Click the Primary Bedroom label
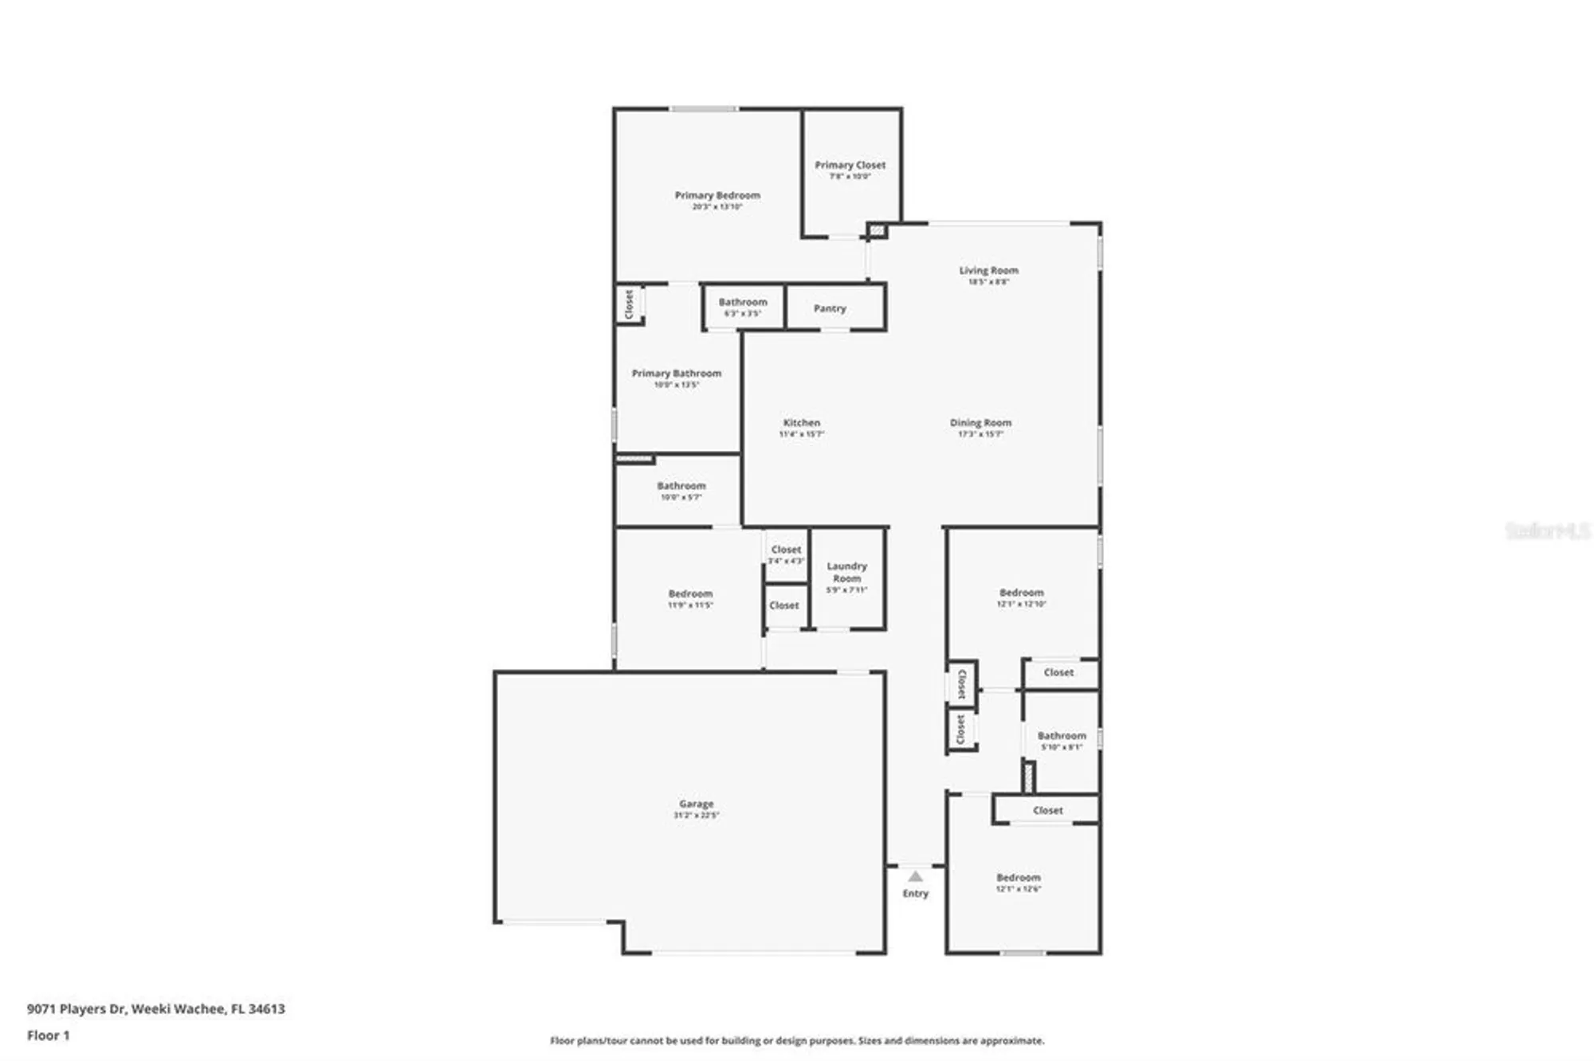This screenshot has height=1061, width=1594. tap(717, 195)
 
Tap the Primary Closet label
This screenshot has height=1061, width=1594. tap(850, 165)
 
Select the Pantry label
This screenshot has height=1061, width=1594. tap(830, 308)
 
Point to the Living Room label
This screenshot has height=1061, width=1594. tap(988, 270)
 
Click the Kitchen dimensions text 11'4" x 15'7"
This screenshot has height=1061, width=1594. tap(801, 434)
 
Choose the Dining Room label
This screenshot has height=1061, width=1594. tap(980, 423)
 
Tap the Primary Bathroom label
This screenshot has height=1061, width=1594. tap(677, 373)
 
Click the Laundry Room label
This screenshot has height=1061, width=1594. tap(846, 572)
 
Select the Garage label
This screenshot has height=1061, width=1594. tap(697, 804)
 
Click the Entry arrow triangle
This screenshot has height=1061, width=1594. tap(916, 876)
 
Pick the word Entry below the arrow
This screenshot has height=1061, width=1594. tap(916, 894)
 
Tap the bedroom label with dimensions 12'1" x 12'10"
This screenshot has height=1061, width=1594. tap(1021, 593)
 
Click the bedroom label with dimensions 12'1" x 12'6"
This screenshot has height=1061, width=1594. tap(1018, 877)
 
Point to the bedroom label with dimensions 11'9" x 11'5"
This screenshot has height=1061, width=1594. tap(690, 593)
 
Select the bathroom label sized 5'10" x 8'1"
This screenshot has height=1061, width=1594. tap(1062, 736)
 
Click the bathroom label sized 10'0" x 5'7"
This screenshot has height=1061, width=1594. tap(681, 486)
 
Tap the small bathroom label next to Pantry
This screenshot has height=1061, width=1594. tap(743, 302)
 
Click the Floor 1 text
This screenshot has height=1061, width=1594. tap(49, 1036)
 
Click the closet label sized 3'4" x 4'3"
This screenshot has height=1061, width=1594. tap(786, 550)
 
